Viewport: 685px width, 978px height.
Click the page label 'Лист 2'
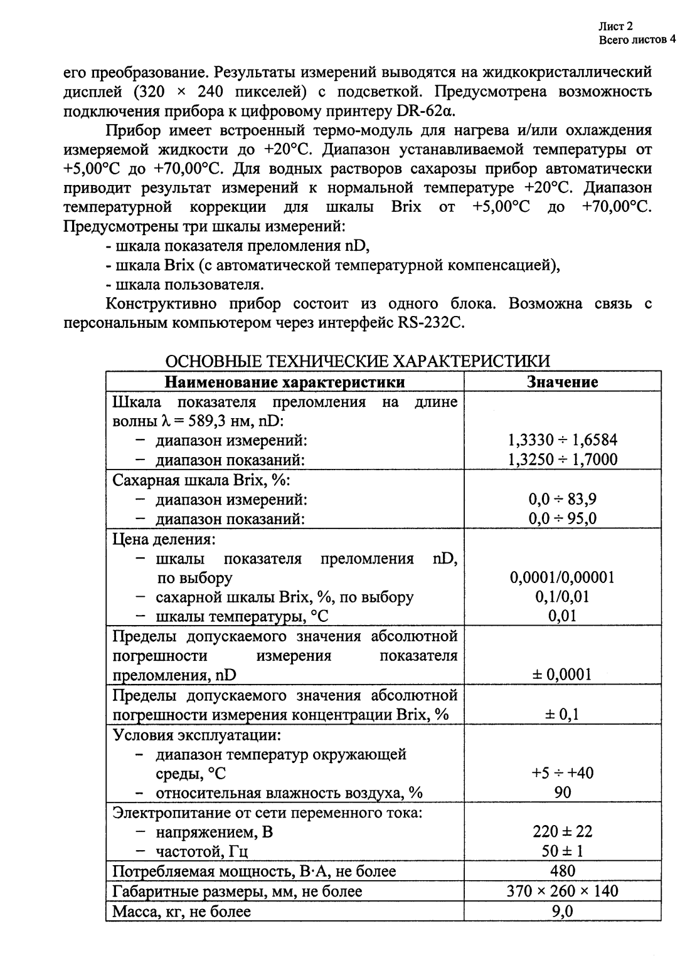coord(615,26)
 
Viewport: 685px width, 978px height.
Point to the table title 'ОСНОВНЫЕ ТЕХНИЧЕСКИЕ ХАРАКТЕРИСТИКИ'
coord(357,362)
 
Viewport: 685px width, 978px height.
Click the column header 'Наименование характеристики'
coord(284,382)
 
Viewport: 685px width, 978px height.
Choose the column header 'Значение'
coord(562,382)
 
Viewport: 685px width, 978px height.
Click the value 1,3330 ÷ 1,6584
coord(562,440)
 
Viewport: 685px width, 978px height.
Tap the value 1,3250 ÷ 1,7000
coord(562,460)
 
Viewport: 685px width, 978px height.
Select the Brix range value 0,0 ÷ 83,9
coord(562,499)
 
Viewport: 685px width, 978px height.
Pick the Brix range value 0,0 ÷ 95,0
coord(562,518)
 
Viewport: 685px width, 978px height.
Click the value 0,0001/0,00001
coord(562,577)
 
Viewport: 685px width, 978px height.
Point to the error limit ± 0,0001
coord(562,675)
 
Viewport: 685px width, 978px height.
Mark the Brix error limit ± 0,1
coord(562,714)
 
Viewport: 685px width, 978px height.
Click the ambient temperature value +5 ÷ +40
coord(562,773)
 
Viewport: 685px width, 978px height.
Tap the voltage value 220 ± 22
coord(562,832)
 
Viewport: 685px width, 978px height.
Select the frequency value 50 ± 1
coord(562,851)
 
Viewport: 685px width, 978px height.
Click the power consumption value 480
coord(562,871)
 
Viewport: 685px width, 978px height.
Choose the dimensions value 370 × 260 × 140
coord(562,891)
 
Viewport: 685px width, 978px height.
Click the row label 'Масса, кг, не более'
coord(181,911)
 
